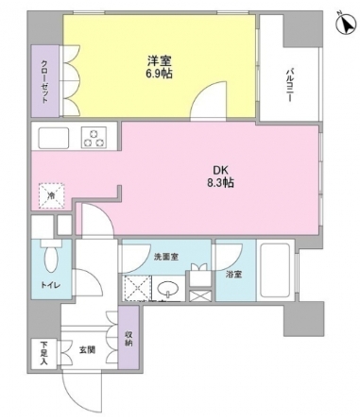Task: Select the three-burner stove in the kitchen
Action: click(x=94, y=138)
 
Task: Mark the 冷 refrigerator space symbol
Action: click(x=51, y=195)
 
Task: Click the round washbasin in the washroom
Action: click(x=170, y=288)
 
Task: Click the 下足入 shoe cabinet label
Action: click(x=43, y=355)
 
